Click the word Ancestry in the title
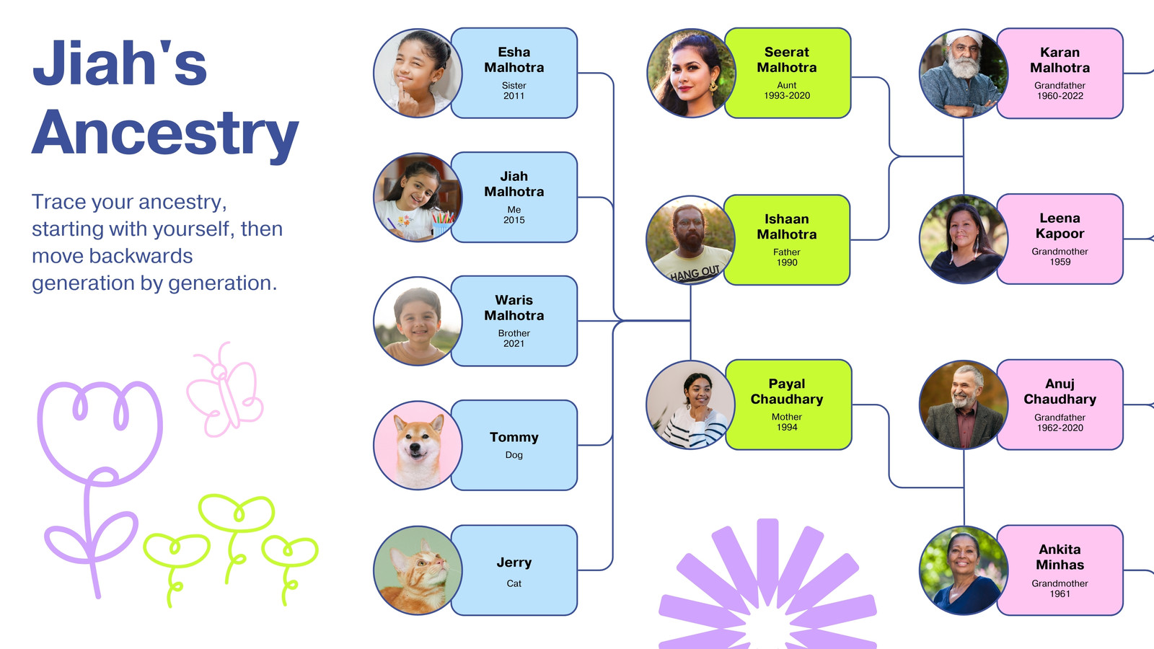pyautogui.click(x=165, y=133)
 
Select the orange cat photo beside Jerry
pyautogui.click(x=418, y=570)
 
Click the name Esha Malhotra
pyautogui.click(x=514, y=60)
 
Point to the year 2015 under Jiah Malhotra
pyautogui.click(x=514, y=220)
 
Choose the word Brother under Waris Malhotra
pyautogui.click(x=514, y=333)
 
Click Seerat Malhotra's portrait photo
pyautogui.click(x=692, y=73)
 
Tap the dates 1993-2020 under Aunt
pyautogui.click(x=787, y=95)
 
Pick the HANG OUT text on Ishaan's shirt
pyautogui.click(x=695, y=273)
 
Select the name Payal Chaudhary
pyautogui.click(x=787, y=392)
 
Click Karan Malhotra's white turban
pyautogui.click(x=964, y=37)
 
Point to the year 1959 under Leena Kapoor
pyautogui.click(x=1060, y=262)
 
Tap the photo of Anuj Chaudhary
pyautogui.click(x=964, y=405)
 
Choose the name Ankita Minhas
pyautogui.click(x=1060, y=557)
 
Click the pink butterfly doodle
pyautogui.click(x=224, y=390)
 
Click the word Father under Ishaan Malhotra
pyautogui.click(x=787, y=252)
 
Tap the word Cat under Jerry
pyautogui.click(x=514, y=583)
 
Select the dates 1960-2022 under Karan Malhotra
pyautogui.click(x=1060, y=96)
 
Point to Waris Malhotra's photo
pyautogui.click(x=418, y=322)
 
